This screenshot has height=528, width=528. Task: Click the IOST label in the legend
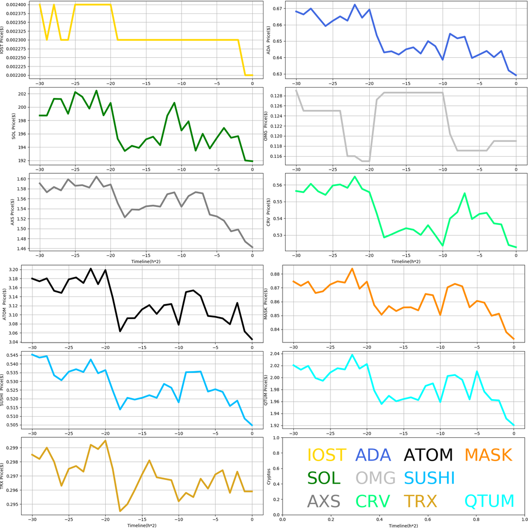click(x=326, y=455)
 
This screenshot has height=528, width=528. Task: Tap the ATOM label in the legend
click(x=428, y=455)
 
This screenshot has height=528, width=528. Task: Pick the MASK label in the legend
click(x=488, y=455)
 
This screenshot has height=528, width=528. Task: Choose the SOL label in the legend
click(x=324, y=478)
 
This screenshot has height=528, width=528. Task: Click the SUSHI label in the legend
click(x=429, y=478)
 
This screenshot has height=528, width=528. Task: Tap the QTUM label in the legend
click(x=489, y=501)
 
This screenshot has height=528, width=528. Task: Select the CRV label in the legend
click(x=373, y=501)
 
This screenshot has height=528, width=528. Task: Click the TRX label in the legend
click(x=420, y=501)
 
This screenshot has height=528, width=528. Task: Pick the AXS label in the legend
click(x=324, y=501)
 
